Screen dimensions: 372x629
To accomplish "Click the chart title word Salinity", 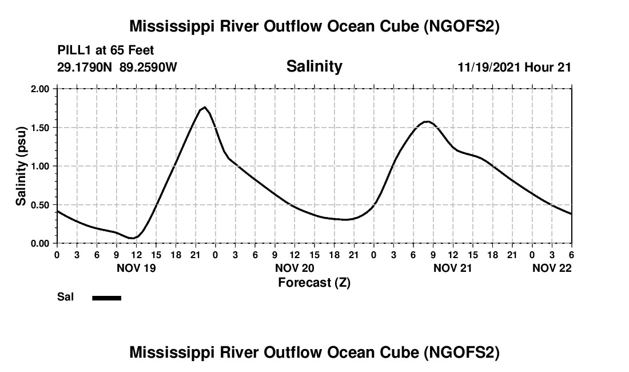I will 314,66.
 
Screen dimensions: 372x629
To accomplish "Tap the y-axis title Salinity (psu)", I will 21,167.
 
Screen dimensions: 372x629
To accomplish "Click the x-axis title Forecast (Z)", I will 314,282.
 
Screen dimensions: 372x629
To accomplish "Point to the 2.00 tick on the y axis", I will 41,89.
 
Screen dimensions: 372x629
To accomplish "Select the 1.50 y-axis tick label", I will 41,128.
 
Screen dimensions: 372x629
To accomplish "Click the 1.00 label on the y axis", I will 41,167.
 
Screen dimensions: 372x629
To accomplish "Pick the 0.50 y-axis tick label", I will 41,205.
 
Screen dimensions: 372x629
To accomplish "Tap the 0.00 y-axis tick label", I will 41,244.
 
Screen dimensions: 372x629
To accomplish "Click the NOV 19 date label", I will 136,268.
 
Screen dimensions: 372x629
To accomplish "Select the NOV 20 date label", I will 294,268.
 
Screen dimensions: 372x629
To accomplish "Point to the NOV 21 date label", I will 453,268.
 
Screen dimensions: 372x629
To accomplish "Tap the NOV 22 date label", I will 551,268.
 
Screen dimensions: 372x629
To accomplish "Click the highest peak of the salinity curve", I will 205,107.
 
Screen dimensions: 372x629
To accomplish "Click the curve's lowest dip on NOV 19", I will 132,238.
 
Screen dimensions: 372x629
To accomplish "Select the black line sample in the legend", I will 106,298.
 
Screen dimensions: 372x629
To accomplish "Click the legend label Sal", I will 64,297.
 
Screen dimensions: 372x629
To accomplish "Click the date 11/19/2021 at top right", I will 488,68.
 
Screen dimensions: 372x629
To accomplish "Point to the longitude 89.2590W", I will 149,67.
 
